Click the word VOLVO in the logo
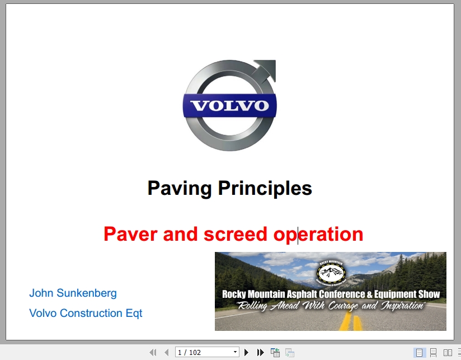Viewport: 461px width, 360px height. (229, 106)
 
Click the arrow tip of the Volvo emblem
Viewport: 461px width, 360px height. (271, 66)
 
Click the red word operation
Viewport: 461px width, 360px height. (318, 233)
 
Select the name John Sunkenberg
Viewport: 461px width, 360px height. (73, 293)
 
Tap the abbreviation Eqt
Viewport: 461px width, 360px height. (134, 313)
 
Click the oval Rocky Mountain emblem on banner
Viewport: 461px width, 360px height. (331, 272)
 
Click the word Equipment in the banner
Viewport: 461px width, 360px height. (396, 294)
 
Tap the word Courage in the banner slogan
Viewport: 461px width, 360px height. (349, 306)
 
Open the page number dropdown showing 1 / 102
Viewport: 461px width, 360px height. (207, 352)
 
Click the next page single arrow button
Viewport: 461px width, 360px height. (246, 352)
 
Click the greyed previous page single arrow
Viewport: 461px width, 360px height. (166, 352)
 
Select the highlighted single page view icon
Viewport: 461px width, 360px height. (419, 352)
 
